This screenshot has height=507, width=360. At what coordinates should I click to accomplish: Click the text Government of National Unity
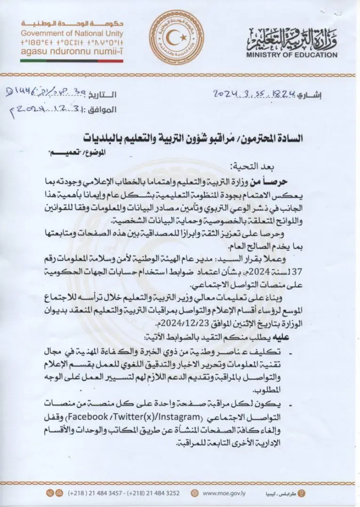coord(72,33)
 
